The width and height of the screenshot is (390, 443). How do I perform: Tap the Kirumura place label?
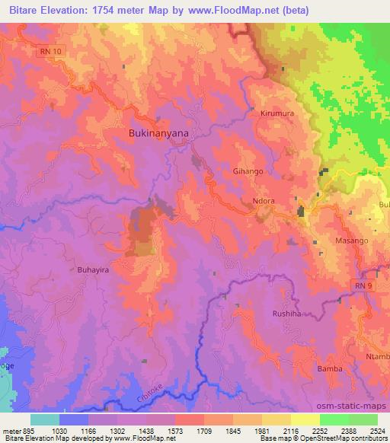pyautogui.click(x=277, y=113)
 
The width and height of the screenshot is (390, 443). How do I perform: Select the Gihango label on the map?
pyautogui.click(x=248, y=172)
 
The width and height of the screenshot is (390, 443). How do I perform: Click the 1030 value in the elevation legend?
pyautogui.click(x=74, y=431)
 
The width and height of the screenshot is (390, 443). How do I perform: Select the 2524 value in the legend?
pyautogui.click(x=377, y=431)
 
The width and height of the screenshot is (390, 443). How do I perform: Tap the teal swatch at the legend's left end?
pyautogui.click(x=45, y=419)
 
